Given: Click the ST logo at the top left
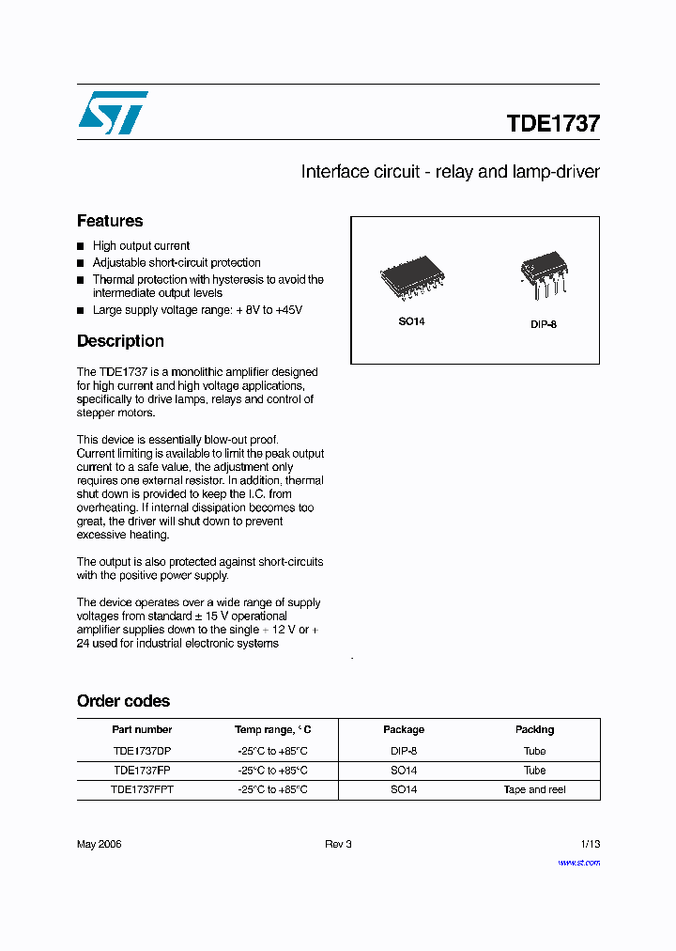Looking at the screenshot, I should [113, 114].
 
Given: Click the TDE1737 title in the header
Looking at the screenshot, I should [553, 123].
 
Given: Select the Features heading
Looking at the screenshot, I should [110, 221].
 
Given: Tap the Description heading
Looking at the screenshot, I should [120, 341].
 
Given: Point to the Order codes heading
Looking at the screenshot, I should [123, 701].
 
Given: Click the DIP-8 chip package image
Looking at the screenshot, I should [544, 273].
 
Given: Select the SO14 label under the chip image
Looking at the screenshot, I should [411, 321].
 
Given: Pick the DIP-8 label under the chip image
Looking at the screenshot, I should [544, 324].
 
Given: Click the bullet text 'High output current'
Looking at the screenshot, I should [141, 246].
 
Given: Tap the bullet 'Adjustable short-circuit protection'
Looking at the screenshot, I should [177, 263].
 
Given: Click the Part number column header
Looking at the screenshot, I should [142, 729].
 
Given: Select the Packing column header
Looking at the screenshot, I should [534, 729].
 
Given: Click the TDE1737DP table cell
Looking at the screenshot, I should [142, 751].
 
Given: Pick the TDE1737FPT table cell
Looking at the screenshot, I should [142, 790].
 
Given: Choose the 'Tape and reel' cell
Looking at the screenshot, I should [534, 790].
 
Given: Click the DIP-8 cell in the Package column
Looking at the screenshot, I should [404, 751].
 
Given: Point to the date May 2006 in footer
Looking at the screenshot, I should [99, 844].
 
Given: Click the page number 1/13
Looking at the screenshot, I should [589, 844].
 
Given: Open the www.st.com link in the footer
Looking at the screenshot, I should [578, 862].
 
